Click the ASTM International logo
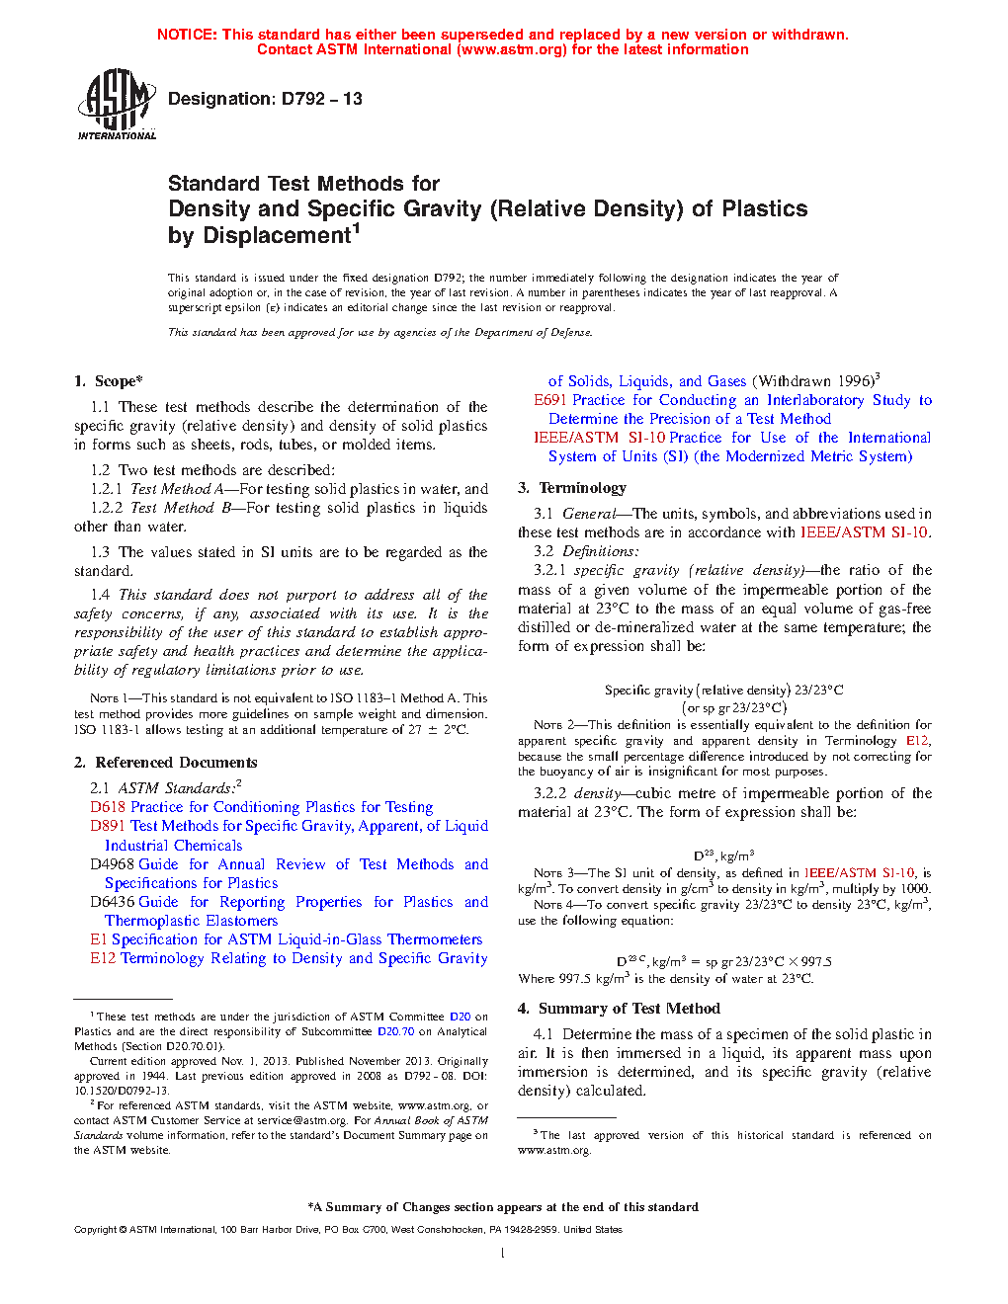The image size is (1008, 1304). click(117, 104)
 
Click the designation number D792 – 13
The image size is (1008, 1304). click(321, 99)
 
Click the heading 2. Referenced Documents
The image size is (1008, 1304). click(166, 763)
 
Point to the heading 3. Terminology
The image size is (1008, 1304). click(572, 488)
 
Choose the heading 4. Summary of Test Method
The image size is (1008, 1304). click(619, 1009)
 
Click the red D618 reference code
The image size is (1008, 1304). click(108, 807)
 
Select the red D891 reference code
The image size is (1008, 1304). click(108, 826)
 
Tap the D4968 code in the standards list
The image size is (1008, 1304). click(113, 864)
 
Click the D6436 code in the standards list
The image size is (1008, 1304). click(113, 902)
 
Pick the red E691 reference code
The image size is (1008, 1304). click(550, 400)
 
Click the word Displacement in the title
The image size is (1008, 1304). click(259, 236)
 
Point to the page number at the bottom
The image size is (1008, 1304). click(503, 1254)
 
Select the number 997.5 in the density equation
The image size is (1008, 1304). click(815, 961)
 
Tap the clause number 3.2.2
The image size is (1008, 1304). click(549, 793)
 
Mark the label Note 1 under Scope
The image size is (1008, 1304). click(106, 698)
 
